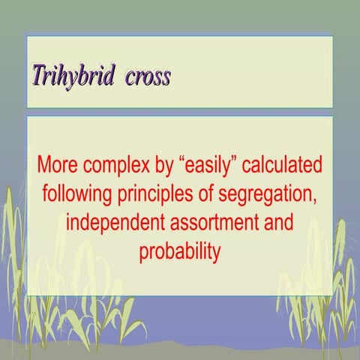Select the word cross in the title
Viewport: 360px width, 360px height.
pyautogui.click(x=148, y=77)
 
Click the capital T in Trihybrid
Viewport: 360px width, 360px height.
pyautogui.click(x=37, y=76)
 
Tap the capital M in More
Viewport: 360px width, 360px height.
pyautogui.click(x=45, y=164)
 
